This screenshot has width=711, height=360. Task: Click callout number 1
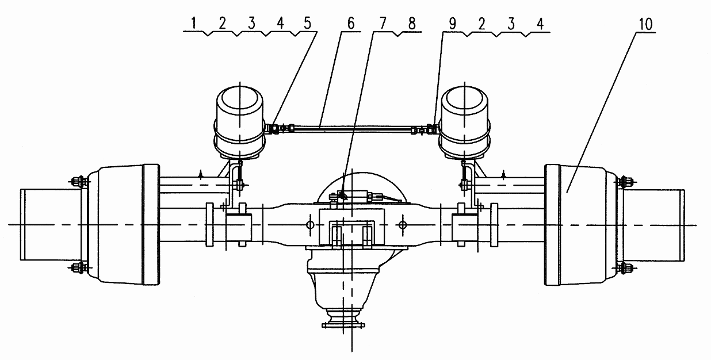pyautogui.click(x=194, y=23)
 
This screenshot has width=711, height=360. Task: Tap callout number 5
pyautogui.click(x=308, y=23)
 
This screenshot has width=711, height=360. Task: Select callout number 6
pyautogui.click(x=351, y=23)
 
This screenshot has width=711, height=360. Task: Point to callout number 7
pyautogui.click(x=383, y=23)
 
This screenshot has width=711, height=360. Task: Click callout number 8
pyautogui.click(x=412, y=23)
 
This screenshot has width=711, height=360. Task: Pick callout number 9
pyautogui.click(x=452, y=24)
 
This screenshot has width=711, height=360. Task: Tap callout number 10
pyautogui.click(x=645, y=24)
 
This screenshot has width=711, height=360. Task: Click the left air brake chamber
pyautogui.click(x=240, y=123)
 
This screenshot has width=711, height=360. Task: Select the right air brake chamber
pyautogui.click(x=464, y=123)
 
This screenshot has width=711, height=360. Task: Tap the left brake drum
pyautogui.click(x=123, y=224)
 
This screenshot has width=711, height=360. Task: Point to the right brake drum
pyautogui.click(x=581, y=224)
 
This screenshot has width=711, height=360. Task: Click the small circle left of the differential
pyautogui.click(x=311, y=225)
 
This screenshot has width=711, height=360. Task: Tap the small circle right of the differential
pyautogui.click(x=403, y=225)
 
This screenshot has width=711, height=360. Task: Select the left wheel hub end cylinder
pyautogui.click(x=51, y=224)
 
